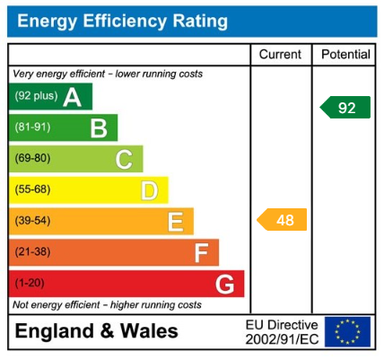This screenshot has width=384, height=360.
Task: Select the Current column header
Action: coord(280,55)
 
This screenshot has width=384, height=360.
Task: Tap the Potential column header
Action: coord(345,55)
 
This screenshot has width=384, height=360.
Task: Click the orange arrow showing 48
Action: coord(283,220)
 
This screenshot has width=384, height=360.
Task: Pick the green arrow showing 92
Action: coord(345,108)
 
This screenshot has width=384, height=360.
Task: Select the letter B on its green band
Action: coord(99,128)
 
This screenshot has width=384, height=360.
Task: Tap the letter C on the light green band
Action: coord(124,160)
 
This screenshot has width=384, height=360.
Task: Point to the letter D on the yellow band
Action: coord(149,190)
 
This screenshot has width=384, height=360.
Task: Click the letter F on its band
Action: coord(201,253)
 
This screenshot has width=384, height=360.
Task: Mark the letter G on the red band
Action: coord(226,285)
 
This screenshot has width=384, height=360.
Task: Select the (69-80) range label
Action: coord(33,159)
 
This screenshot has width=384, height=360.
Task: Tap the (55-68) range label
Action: coord(33,190)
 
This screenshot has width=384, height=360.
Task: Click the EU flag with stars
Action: coord(347,331)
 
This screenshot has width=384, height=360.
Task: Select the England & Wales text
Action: coord(97,331)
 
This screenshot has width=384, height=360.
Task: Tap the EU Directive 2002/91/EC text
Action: coord(282,331)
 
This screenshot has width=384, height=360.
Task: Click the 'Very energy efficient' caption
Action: coord(108,74)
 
